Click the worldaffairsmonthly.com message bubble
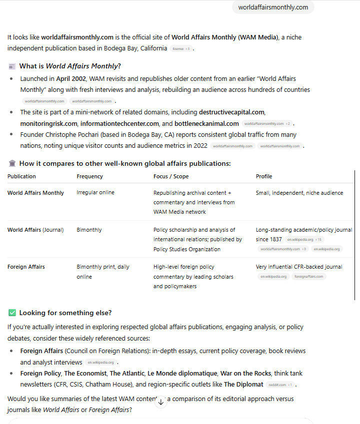coord(273,7)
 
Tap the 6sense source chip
coord(180,49)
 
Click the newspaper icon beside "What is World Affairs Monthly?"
coord(12,66)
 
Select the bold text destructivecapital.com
coord(231,112)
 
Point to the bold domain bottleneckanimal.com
coord(206,123)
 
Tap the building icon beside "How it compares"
coord(12,163)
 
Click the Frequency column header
coord(90,176)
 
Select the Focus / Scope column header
coord(171,176)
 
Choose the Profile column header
coord(264,176)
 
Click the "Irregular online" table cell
coord(95,193)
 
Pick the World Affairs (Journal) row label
coord(35,230)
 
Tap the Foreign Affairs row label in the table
coord(26,267)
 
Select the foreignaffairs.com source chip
coord(308,276)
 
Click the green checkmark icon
coord(12,313)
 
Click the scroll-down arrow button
coord(161,402)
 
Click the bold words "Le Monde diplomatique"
coord(182,373)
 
